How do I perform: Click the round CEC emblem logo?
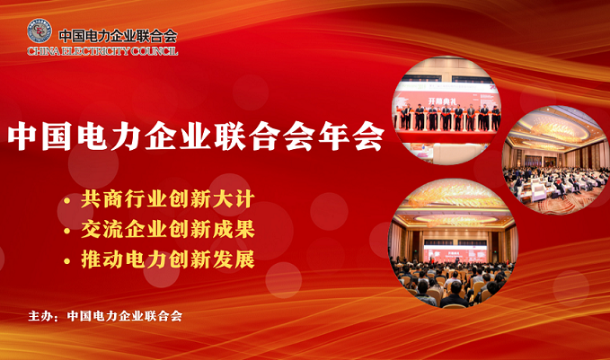(x=40, y=31)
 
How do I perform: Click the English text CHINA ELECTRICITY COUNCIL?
(x=102, y=51)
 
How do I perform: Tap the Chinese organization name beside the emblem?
(x=118, y=36)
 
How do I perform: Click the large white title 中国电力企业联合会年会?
(x=196, y=136)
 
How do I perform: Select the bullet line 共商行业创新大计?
(x=168, y=199)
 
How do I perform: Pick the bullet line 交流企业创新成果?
(x=168, y=229)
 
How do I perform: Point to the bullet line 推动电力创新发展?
(x=168, y=259)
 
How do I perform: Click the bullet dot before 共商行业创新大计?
(x=66, y=200)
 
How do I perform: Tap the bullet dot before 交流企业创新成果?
(x=66, y=231)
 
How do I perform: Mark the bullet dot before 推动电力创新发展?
(x=66, y=261)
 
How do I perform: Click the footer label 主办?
(x=40, y=316)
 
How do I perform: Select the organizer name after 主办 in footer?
(x=125, y=316)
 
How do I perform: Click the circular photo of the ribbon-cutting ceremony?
(x=446, y=110)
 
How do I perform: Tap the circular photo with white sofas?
(x=556, y=160)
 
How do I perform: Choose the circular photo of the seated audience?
(x=453, y=243)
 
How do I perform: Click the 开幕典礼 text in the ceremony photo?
(x=442, y=101)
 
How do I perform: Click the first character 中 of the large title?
(x=22, y=136)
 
